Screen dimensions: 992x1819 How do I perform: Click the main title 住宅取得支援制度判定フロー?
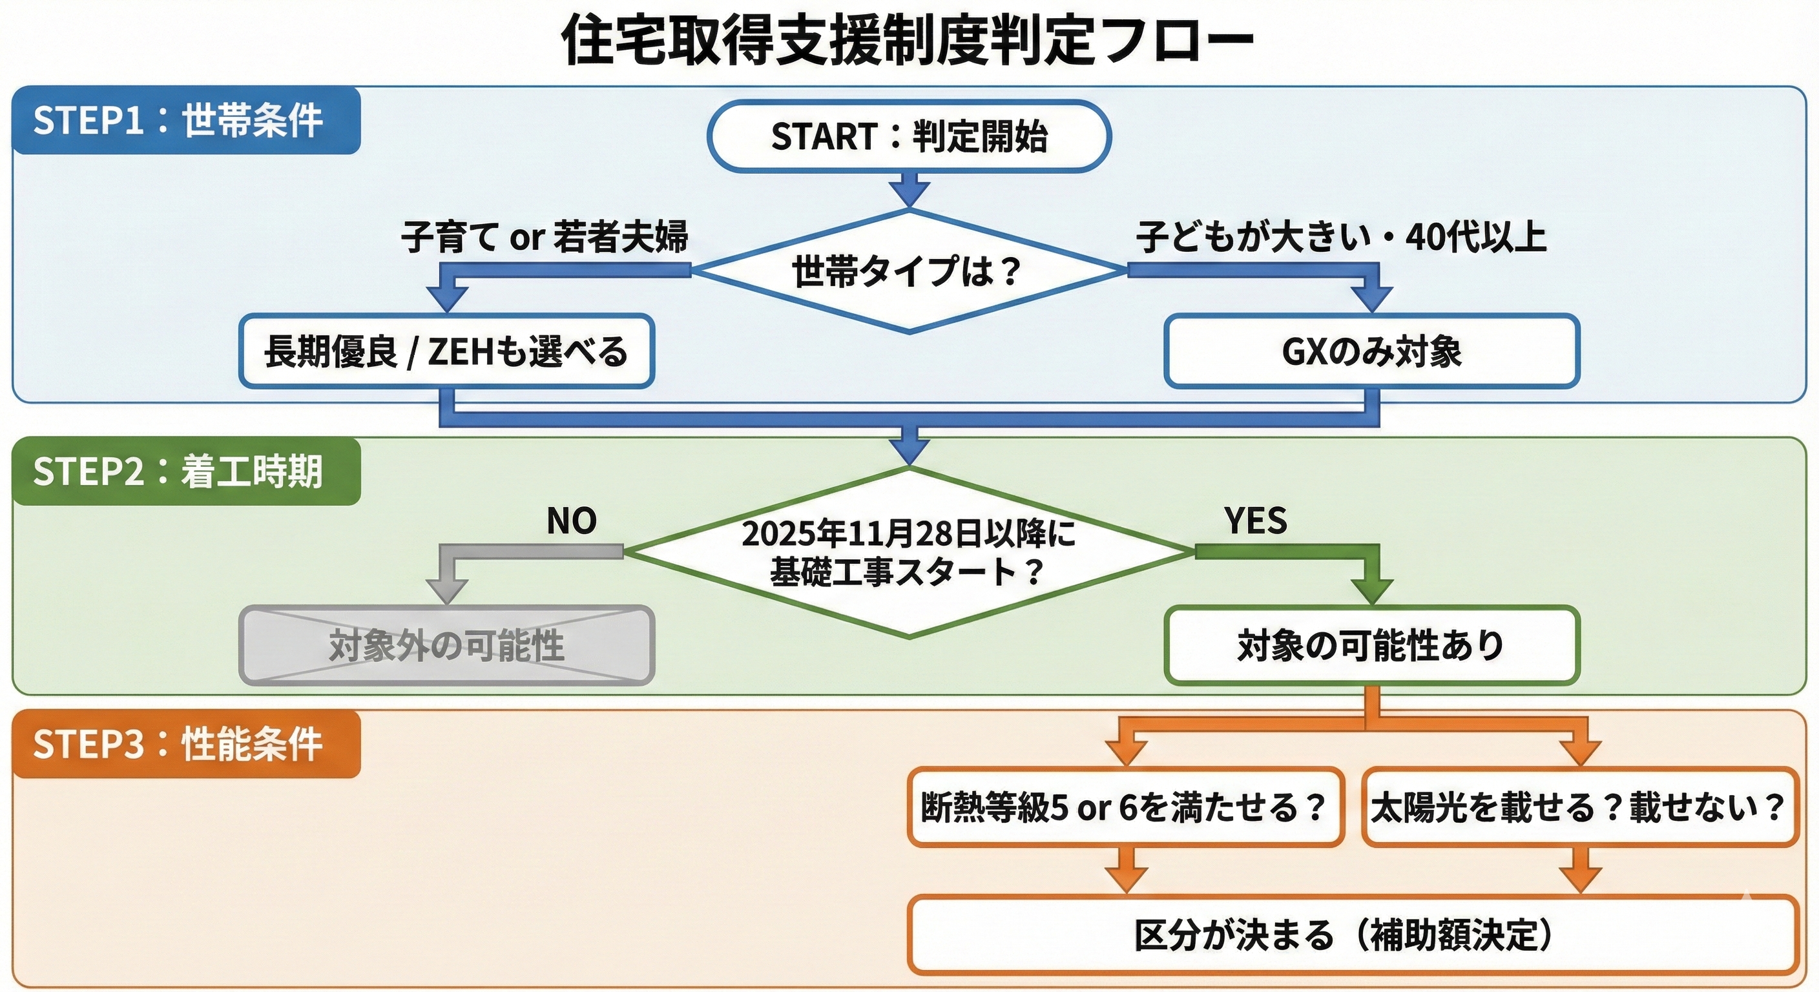click(x=908, y=41)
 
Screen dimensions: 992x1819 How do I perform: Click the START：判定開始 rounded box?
click(x=909, y=136)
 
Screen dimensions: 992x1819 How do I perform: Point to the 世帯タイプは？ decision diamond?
click(x=909, y=271)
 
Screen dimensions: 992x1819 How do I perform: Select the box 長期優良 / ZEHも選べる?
click(x=446, y=351)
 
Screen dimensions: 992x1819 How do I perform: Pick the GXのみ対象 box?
click(x=1371, y=351)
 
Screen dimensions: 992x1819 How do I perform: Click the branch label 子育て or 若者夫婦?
click(x=545, y=236)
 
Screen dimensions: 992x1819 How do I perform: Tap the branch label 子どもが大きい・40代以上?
click(x=1341, y=236)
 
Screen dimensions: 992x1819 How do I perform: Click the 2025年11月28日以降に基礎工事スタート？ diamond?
click(x=909, y=552)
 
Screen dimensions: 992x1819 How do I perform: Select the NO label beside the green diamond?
click(x=571, y=521)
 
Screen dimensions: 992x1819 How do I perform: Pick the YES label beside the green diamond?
click(x=1256, y=521)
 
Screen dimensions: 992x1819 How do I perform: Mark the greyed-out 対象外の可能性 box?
click(x=446, y=645)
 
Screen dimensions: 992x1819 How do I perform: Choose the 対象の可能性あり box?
click(x=1371, y=645)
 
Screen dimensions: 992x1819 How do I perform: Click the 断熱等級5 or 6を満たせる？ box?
click(x=1125, y=807)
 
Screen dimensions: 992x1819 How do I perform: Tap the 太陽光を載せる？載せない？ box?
click(x=1579, y=807)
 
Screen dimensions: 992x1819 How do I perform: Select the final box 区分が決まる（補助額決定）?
click(x=1351, y=935)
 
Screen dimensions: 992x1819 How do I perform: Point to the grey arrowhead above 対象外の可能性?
click(x=447, y=590)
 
